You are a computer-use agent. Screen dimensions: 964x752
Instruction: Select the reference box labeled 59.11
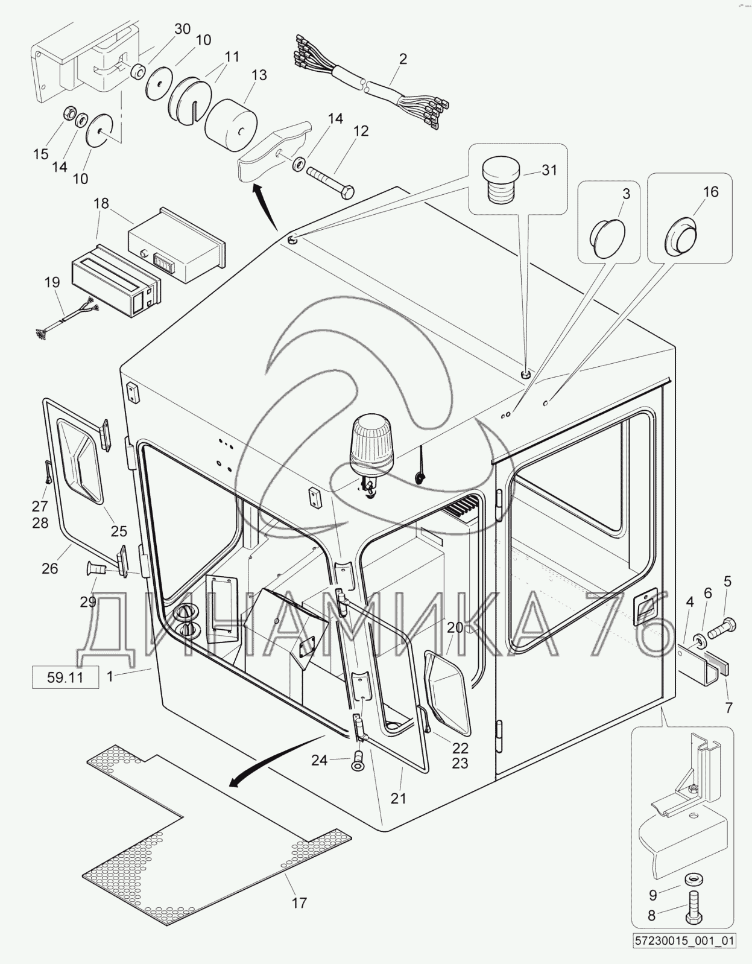point(65,677)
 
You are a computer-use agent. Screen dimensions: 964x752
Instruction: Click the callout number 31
point(549,170)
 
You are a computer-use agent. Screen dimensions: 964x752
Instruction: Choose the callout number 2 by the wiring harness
point(403,59)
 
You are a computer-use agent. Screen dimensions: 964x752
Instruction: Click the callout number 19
point(52,282)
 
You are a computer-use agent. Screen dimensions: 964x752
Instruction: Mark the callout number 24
point(319,761)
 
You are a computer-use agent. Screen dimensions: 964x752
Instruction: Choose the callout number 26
point(49,568)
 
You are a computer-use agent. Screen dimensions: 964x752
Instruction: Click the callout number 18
point(101,203)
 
